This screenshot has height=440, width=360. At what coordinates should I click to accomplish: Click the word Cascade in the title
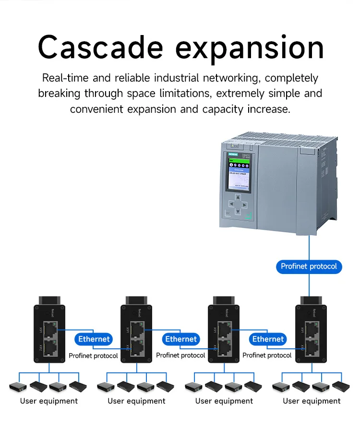point(101,48)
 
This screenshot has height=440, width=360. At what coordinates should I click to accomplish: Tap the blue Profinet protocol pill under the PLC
point(309,266)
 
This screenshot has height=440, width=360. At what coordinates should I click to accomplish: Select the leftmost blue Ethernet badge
point(94,339)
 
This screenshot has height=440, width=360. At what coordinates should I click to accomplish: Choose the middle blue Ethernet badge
point(181,339)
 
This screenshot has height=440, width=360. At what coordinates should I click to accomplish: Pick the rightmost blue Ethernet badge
point(268,339)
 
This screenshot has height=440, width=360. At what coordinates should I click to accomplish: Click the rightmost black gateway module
point(311,331)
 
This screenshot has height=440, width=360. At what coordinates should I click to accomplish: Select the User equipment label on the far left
point(49,401)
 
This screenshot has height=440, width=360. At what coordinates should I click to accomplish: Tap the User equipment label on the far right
point(312,401)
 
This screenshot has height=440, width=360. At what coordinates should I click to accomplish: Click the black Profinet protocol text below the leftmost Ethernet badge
point(93,356)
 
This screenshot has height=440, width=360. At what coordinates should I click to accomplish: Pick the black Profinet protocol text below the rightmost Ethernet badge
point(267,356)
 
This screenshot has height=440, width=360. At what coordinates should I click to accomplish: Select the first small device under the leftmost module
point(18,386)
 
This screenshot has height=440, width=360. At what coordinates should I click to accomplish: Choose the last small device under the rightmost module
point(340,386)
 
